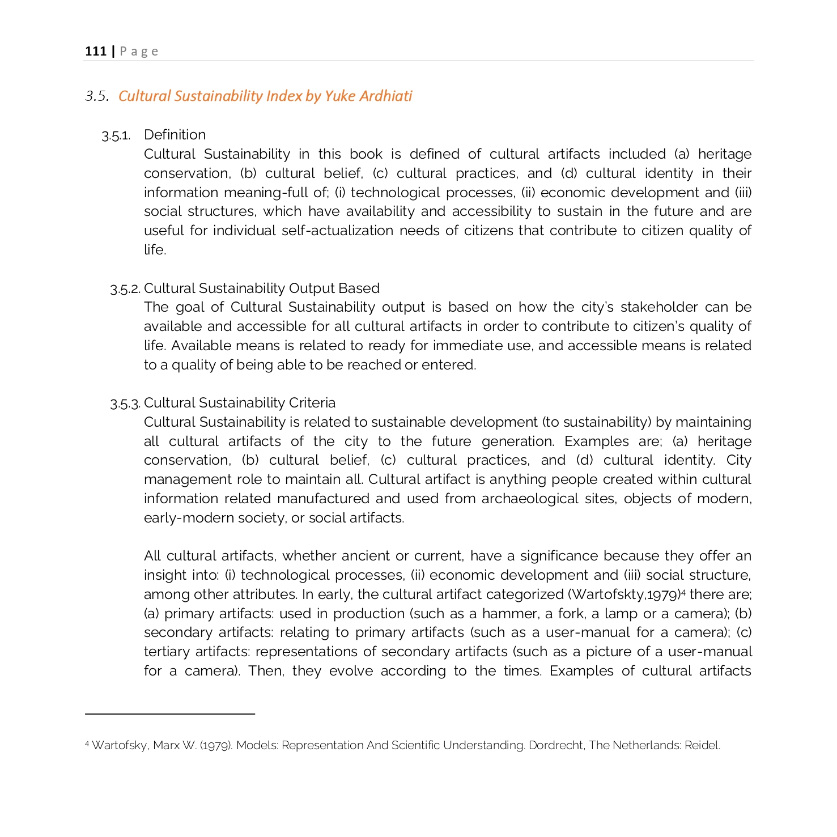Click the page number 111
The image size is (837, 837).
[96, 52]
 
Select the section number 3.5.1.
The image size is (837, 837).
[116, 135]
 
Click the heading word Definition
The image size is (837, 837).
[175, 135]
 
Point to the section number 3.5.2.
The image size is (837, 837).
[125, 289]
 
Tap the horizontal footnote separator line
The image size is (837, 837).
[170, 714]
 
